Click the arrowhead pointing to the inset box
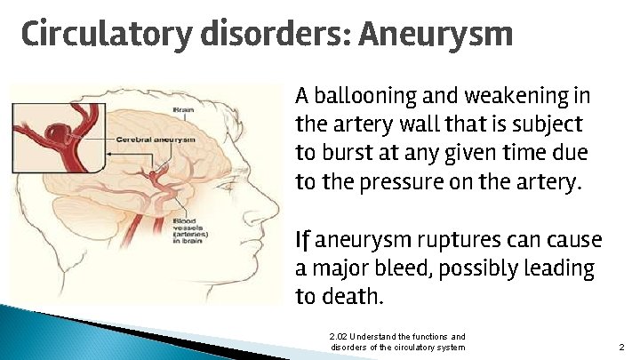click(x=111, y=154)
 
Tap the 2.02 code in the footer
click(x=338, y=337)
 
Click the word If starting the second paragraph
click(x=303, y=240)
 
